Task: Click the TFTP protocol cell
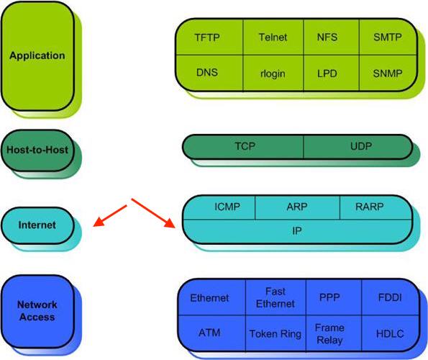pos(209,37)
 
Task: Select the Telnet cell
pos(273,37)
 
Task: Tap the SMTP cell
pos(388,37)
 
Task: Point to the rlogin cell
pos(273,73)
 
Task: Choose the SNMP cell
pos(388,73)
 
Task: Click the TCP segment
pos(245,146)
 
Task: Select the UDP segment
pos(360,146)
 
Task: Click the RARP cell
pos(370,207)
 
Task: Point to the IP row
pos(296,230)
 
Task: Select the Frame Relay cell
pos(329,333)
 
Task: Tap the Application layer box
pos(37,55)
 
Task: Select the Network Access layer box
pos(37,311)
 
